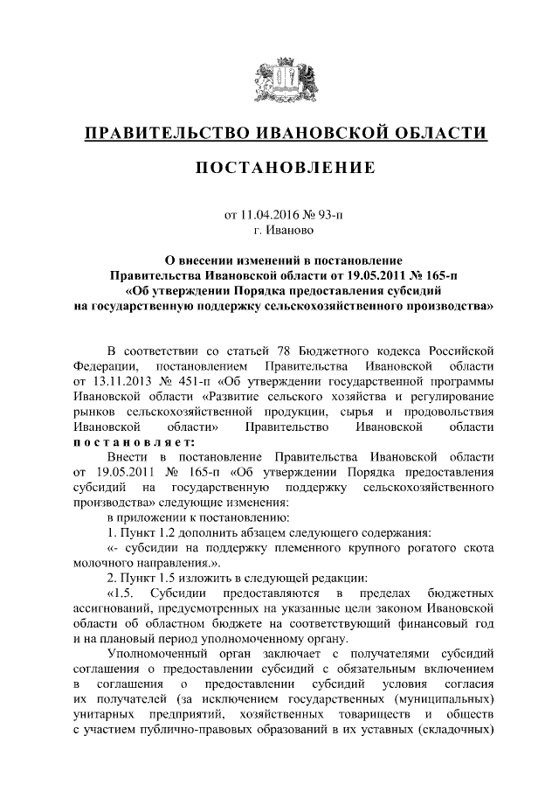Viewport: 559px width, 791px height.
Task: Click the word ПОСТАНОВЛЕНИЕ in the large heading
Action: [285, 167]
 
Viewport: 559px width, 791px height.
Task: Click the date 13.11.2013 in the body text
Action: [114, 382]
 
